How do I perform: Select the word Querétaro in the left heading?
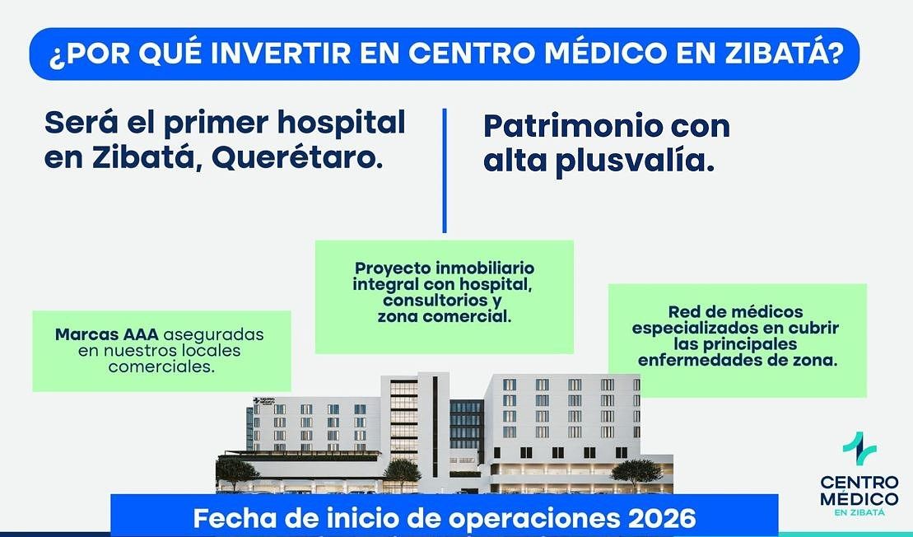point(297,159)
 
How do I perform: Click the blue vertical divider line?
point(445,170)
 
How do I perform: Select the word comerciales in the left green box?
point(161,367)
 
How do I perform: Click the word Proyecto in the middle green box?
point(393,268)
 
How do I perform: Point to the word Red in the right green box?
point(682,312)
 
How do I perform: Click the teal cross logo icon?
point(859,448)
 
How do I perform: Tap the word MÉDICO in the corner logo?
point(859,499)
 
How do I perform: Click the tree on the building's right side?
point(637,473)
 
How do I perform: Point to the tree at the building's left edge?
point(237,470)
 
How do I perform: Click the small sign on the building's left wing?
point(264,402)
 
